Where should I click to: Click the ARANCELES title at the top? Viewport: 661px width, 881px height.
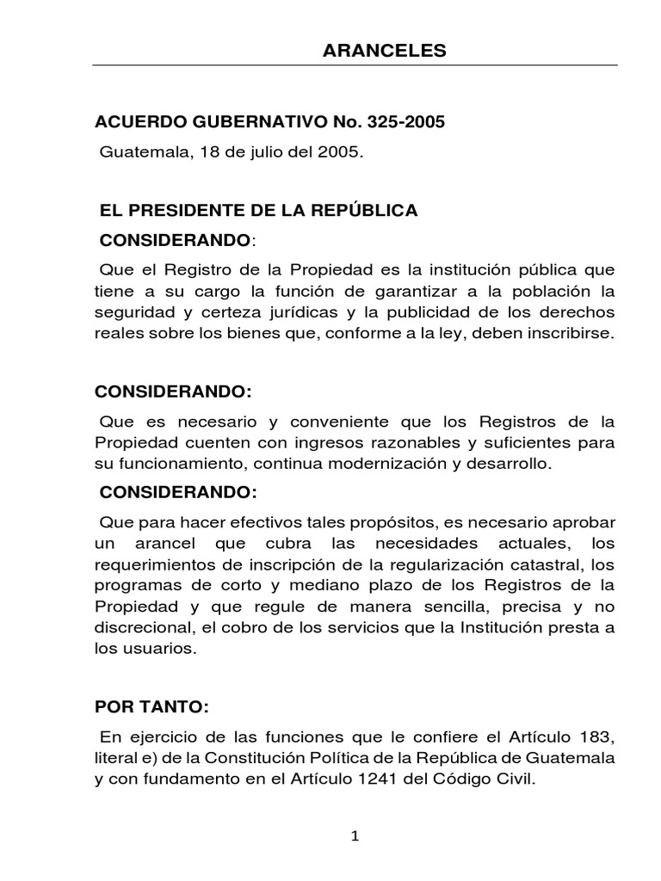(x=385, y=51)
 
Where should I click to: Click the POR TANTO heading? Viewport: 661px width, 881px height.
(x=151, y=707)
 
